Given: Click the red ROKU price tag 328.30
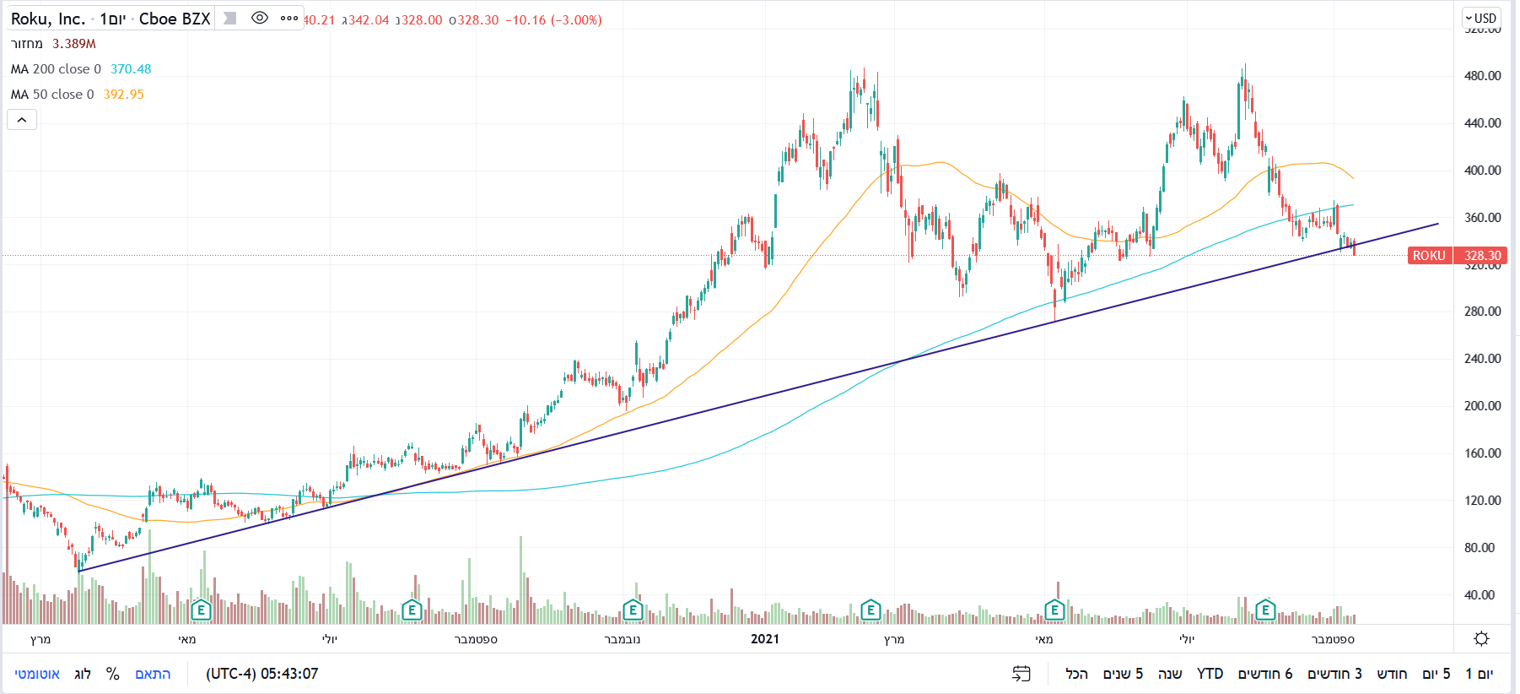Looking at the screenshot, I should coord(1482,255).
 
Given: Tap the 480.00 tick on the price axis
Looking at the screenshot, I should coord(1482,76).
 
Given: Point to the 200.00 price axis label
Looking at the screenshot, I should coord(1482,406).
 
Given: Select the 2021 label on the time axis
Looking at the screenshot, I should coord(765,639).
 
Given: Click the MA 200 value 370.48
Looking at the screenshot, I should coord(131,69).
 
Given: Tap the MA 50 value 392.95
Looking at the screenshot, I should coord(123,95).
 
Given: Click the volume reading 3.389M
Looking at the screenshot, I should coord(74,44).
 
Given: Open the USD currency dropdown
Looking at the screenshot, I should coord(1480,18).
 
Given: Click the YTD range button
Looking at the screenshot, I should coord(1210,674).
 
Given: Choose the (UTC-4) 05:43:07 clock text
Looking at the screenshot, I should coord(261,674).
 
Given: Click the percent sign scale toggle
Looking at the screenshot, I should coord(112,674).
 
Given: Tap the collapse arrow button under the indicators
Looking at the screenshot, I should coord(22,120).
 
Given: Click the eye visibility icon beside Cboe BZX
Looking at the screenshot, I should coord(260,18).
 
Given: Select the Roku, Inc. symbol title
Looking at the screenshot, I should coord(47,19).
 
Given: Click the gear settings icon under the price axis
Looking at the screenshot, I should coord(1481,639).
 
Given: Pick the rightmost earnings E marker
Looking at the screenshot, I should coord(1265,610).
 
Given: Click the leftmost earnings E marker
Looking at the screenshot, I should coord(200,610).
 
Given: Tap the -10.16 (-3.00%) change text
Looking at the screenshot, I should coord(553,19).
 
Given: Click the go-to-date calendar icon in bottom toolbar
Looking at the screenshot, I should coord(1021,674).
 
